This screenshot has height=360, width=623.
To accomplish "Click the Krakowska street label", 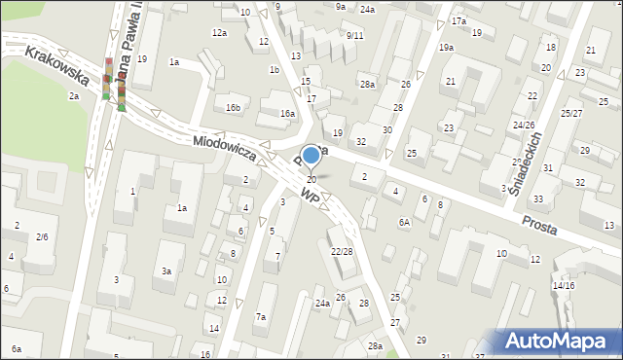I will tap(57, 64).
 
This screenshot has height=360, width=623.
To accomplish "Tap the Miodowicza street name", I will tap(224, 148).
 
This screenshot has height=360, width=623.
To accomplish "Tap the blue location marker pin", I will tap(311, 156).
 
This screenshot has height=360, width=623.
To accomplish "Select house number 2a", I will tap(73, 96).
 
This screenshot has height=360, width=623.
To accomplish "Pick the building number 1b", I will tap(275, 69).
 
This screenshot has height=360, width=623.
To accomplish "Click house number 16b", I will tap(233, 107).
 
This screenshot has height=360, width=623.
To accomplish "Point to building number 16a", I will tap(287, 114).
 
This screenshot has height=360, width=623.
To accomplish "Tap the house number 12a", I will tap(220, 33).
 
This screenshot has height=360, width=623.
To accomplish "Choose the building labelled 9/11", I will tap(354, 35).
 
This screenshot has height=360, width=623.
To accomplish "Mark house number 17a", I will tap(458, 21).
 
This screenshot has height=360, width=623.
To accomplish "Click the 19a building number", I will tap(446, 47).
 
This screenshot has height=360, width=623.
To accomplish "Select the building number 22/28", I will tap(342, 251).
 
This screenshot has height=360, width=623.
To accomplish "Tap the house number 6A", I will tap(404, 222).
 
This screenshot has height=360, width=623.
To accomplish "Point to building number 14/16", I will tap(564, 285).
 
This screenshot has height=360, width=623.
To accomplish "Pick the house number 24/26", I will tap(524, 125).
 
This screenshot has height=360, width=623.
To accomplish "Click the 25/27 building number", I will tap(570, 114).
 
